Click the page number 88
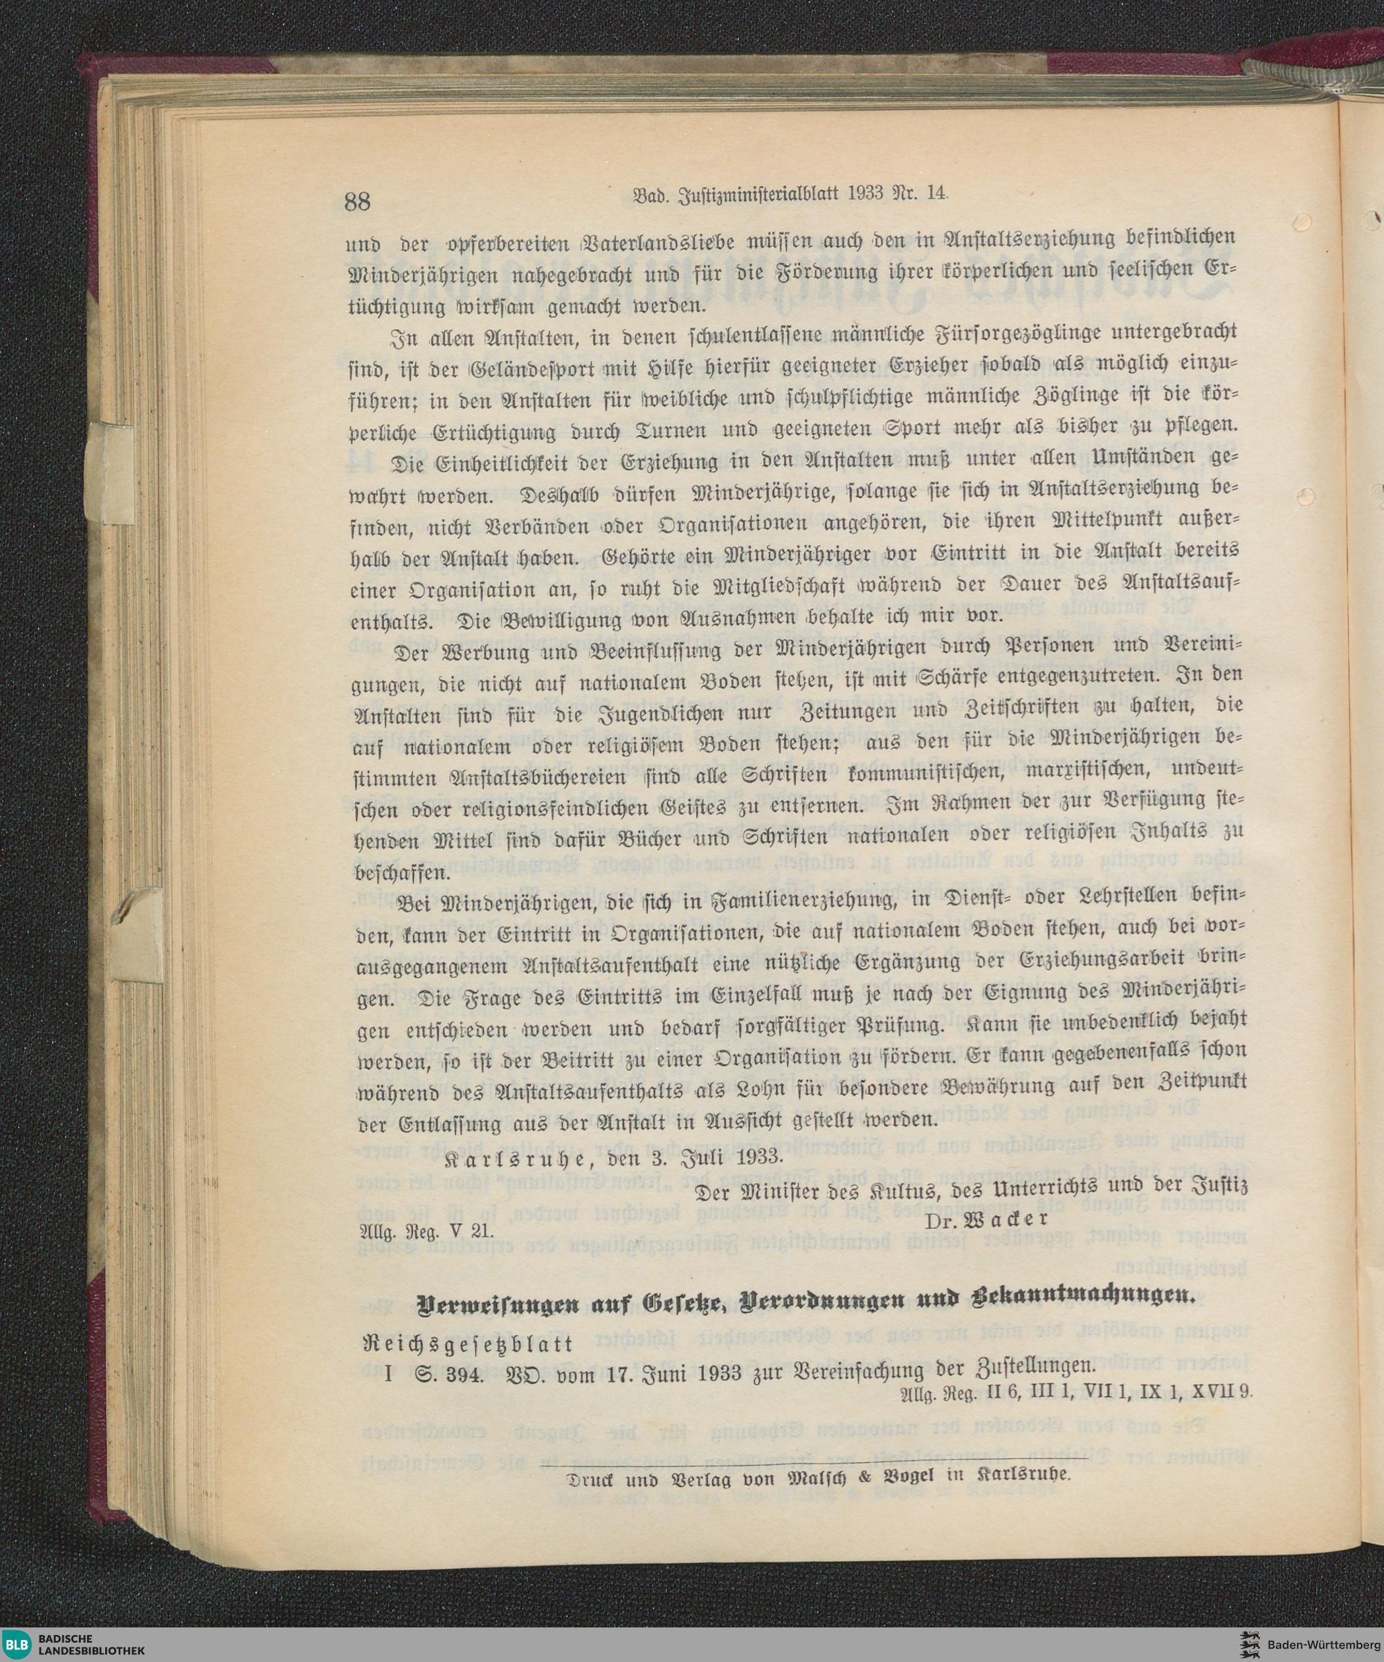[358, 202]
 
